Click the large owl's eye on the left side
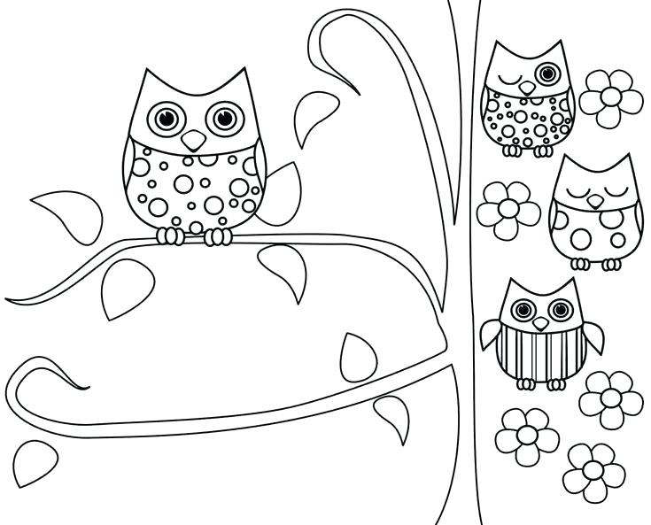coord(166,117)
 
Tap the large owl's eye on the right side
coord(222,117)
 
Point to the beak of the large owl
coord(193,140)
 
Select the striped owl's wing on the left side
coord(492,334)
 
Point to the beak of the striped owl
coord(540,323)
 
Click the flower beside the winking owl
coord(611,95)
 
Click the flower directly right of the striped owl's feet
coord(610,399)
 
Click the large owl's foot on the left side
coord(171,235)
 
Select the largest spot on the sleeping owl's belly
coord(582,238)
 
